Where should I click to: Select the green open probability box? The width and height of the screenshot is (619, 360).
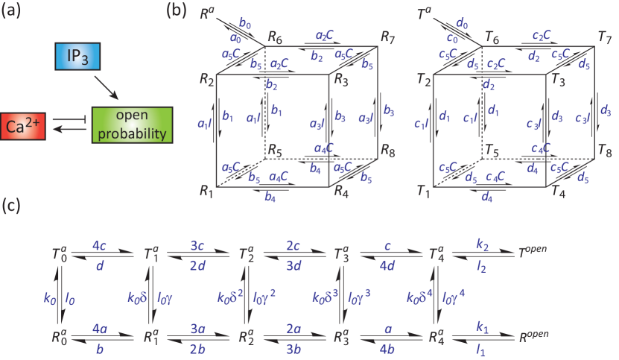click(132, 124)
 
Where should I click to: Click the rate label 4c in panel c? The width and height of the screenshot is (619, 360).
click(101, 243)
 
